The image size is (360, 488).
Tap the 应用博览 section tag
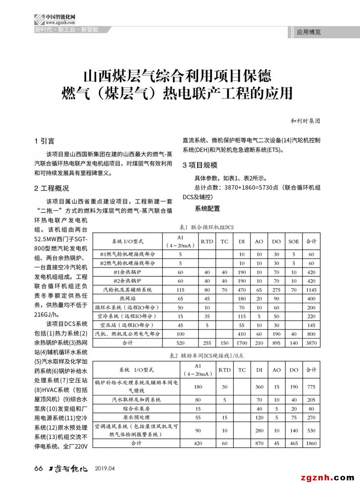coord(309,32)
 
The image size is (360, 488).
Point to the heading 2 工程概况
coord(51,188)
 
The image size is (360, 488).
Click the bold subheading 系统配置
coord(207,209)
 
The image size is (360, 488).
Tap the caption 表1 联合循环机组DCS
coord(207,227)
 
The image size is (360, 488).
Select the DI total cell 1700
coord(242,343)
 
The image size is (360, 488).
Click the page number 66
coord(38,469)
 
